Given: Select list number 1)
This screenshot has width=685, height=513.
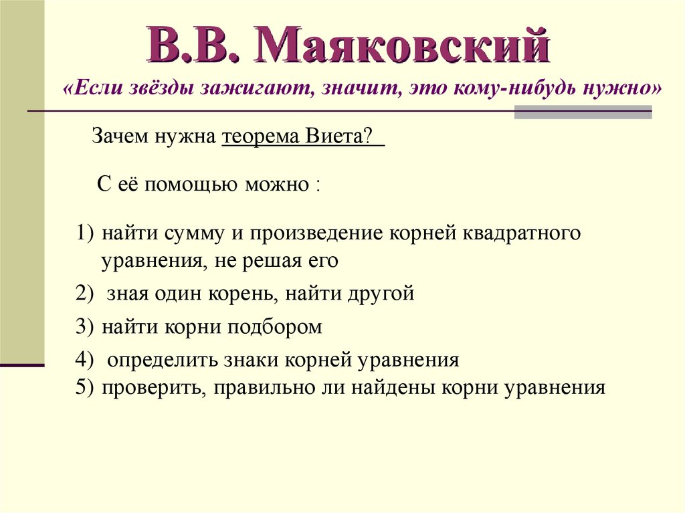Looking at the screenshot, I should (86, 234).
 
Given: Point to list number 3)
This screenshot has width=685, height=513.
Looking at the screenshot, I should (86, 326).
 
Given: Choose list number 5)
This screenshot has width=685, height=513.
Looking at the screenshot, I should (86, 387).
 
